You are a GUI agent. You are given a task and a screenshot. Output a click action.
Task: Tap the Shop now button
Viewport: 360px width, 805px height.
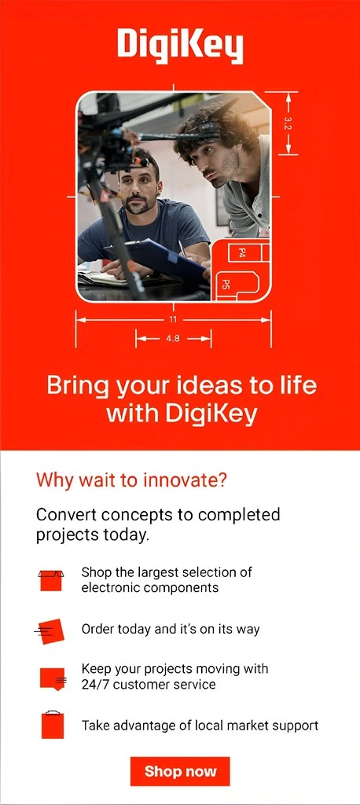[180, 771]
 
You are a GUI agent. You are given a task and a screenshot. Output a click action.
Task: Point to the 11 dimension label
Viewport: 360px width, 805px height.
[173, 319]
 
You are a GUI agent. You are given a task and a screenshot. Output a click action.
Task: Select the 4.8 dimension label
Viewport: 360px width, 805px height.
[173, 339]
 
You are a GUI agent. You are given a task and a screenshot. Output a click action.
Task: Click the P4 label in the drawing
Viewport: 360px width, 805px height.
[242, 252]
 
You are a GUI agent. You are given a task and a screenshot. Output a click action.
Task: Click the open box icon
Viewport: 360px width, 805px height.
[50, 580]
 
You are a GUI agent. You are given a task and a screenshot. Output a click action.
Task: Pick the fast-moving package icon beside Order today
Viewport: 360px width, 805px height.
[49, 630]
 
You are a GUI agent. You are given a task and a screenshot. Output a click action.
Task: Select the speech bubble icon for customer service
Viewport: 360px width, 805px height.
[52, 678]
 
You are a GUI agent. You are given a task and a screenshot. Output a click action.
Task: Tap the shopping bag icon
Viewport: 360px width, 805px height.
[52, 724]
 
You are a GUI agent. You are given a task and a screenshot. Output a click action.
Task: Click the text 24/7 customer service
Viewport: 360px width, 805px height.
[149, 685]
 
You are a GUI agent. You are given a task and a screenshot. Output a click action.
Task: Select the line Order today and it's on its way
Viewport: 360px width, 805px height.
[171, 629]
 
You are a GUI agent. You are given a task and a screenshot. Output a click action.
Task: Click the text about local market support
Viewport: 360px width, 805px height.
[200, 725]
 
